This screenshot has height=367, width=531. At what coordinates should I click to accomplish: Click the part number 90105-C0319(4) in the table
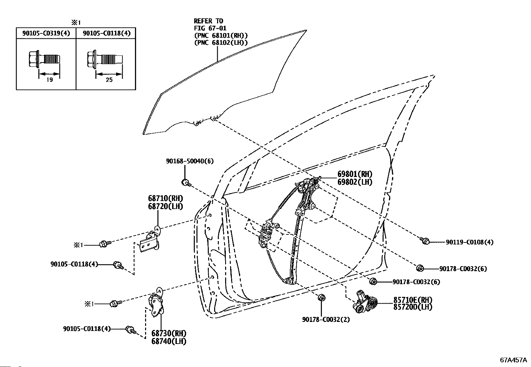(46, 33)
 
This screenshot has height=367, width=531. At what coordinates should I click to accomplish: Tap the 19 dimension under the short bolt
(50, 80)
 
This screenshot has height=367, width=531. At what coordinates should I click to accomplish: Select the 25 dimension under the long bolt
(109, 80)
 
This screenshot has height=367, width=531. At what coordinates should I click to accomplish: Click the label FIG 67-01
(210, 28)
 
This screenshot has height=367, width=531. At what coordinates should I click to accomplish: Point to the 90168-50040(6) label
(190, 161)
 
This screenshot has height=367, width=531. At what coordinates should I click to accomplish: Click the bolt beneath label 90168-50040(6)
(186, 183)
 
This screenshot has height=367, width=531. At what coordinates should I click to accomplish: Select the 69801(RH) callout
(355, 174)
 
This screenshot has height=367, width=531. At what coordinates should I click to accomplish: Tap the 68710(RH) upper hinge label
(165, 198)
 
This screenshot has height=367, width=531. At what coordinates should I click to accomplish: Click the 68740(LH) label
(169, 341)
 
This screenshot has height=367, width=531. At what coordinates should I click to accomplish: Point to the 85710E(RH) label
(413, 300)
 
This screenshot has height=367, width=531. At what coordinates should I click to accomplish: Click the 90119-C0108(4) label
(470, 242)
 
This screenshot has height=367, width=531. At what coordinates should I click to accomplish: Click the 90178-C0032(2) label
(326, 320)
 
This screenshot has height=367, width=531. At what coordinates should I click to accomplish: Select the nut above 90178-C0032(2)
(321, 298)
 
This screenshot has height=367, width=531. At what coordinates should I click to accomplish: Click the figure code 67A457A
(513, 360)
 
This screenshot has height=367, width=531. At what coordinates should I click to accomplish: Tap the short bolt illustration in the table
(44, 59)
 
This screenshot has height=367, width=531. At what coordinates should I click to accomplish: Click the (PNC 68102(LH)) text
(221, 43)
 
